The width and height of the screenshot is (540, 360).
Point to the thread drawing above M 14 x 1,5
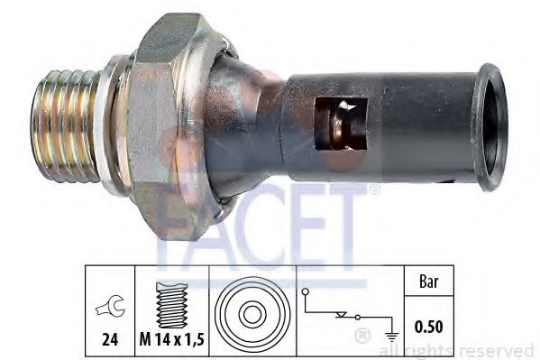[170, 307]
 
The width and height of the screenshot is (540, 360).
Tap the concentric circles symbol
[253, 313]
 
